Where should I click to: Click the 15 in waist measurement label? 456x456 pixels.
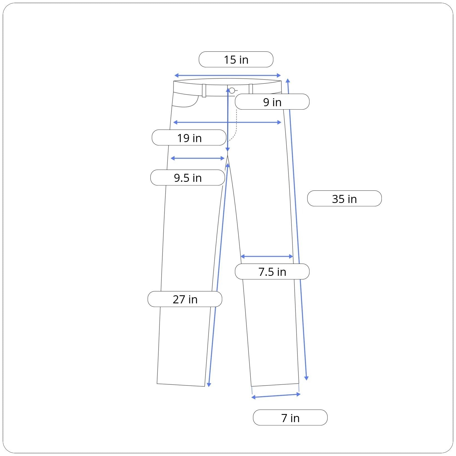tap(236, 60)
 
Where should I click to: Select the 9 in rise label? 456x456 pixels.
tap(272, 102)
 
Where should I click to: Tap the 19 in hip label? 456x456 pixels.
tap(189, 138)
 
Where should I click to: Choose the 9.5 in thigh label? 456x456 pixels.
tap(188, 177)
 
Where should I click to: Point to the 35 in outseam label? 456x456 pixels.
tap(344, 199)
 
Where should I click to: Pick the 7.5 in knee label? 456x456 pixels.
tap(272, 272)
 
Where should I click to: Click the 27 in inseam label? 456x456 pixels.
tap(185, 299)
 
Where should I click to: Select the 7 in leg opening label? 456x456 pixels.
tap(290, 418)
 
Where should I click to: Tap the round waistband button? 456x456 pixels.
tap(232, 91)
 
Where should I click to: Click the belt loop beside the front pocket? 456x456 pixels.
tap(204, 91)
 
